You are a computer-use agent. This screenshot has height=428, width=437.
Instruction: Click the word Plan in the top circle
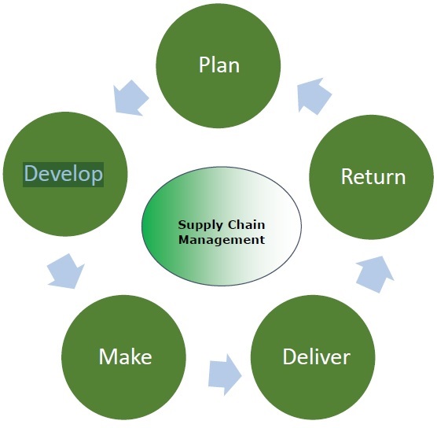coord(219,65)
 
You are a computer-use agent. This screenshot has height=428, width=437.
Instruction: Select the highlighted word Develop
coord(64,173)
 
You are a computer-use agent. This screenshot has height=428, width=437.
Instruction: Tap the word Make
coord(125,356)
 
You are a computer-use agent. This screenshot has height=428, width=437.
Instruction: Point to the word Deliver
coord(316,356)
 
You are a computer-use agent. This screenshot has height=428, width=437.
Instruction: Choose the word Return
coord(373,176)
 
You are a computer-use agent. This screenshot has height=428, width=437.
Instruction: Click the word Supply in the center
coord(196,224)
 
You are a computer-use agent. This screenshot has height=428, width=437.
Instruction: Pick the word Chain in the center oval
coord(242,224)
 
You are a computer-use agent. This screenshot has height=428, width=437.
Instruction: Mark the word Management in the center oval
coord(221,239)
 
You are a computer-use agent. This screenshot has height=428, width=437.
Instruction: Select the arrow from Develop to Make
coord(64,270)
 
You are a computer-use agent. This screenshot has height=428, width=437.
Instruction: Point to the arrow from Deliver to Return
coord(373,271)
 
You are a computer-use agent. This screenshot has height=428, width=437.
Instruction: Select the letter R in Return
coord(347,176)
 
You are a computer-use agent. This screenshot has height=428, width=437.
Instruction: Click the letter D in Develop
coord(31,173)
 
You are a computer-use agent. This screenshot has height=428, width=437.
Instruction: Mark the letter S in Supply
coord(181,224)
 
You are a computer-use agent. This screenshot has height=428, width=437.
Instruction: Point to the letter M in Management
coord(183,239)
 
